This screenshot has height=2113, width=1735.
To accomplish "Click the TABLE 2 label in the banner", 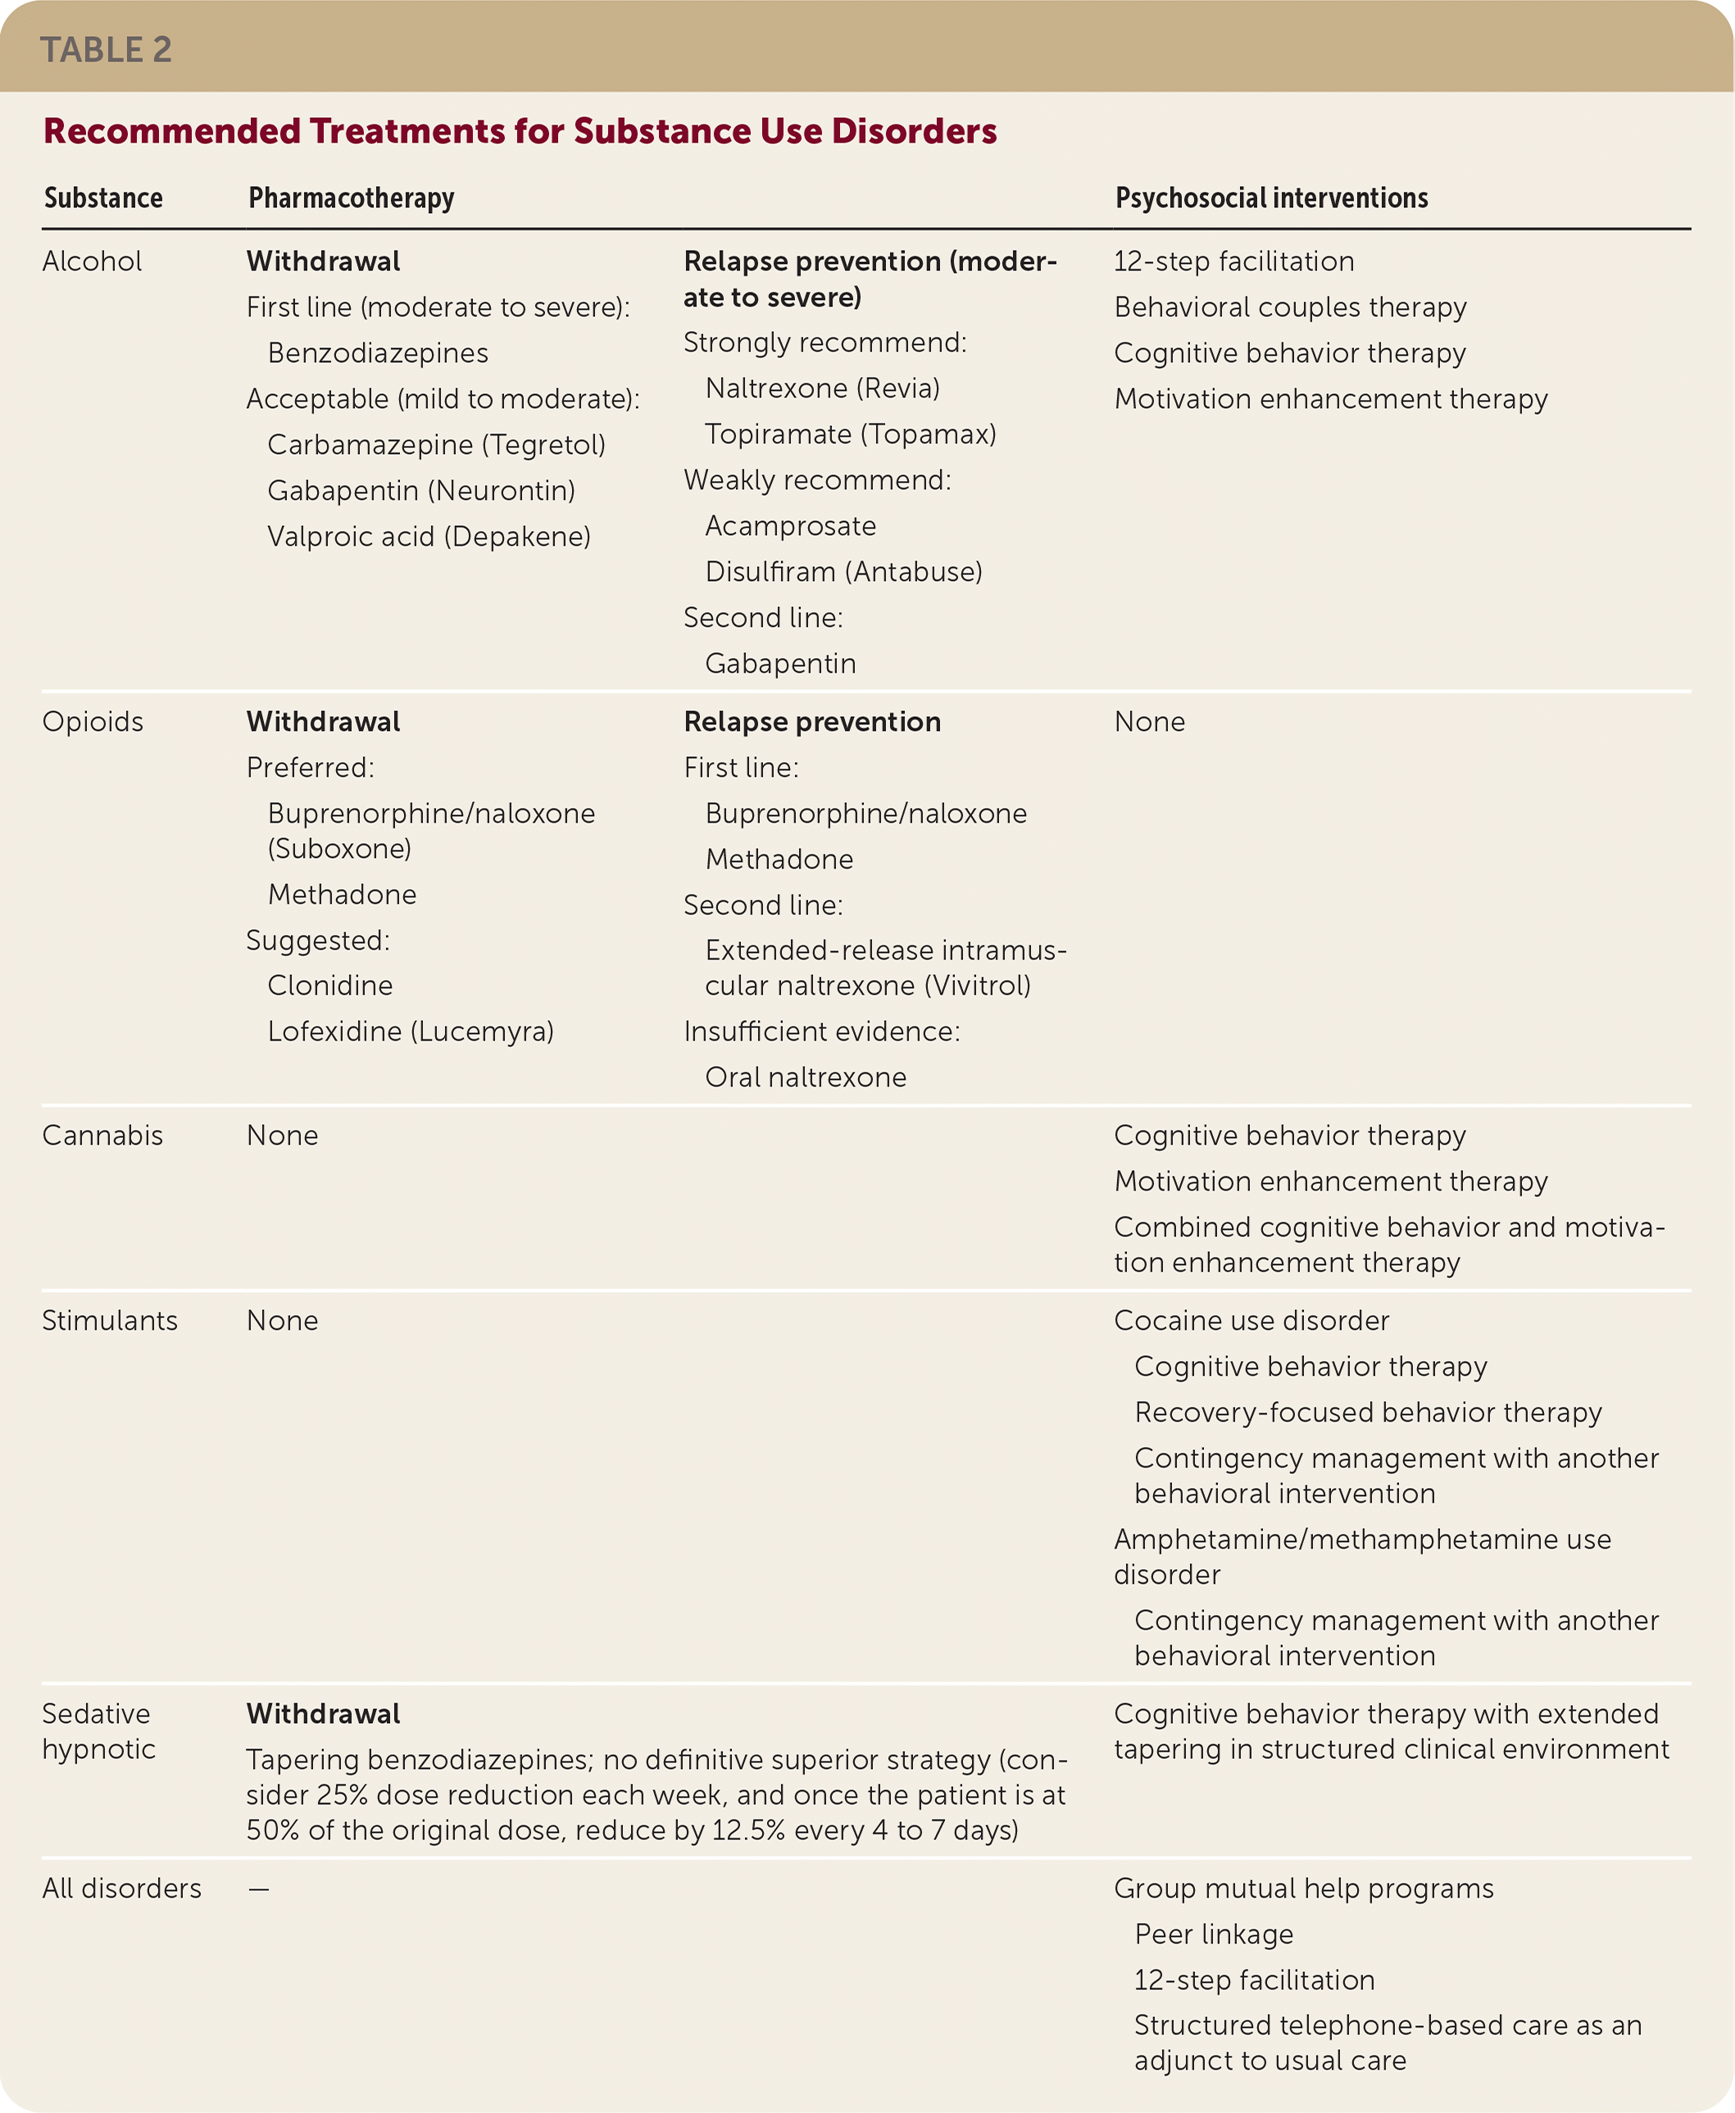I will pyautogui.click(x=106, y=49).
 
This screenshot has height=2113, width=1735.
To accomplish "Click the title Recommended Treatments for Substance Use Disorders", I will pyautogui.click(x=520, y=131).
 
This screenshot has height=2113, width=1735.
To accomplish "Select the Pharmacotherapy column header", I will pyautogui.click(x=351, y=197).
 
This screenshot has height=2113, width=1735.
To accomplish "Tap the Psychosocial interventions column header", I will pyautogui.click(x=1271, y=197).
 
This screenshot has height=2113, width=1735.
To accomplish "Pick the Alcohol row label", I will pyautogui.click(x=92, y=261).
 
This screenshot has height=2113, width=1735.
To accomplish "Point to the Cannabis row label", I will pyautogui.click(x=102, y=1136).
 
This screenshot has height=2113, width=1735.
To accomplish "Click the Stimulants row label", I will pyautogui.click(x=110, y=1321).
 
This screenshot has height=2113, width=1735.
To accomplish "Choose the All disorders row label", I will pyautogui.click(x=122, y=1889).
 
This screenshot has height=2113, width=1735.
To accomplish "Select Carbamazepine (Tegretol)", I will pyautogui.click(x=437, y=445).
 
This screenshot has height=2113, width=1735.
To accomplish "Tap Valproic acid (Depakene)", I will pyautogui.click(x=429, y=537).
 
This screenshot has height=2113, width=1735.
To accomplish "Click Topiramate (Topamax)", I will pyautogui.click(x=851, y=434).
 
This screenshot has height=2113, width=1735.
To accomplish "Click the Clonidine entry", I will pyautogui.click(x=329, y=986).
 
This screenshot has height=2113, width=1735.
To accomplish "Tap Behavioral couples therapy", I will pyautogui.click(x=1290, y=308).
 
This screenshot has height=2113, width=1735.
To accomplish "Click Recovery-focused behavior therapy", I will pyautogui.click(x=1368, y=1412).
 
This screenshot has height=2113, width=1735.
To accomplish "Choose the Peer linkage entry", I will pyautogui.click(x=1213, y=1935).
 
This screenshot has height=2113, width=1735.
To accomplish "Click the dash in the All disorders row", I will pyautogui.click(x=259, y=1889).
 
